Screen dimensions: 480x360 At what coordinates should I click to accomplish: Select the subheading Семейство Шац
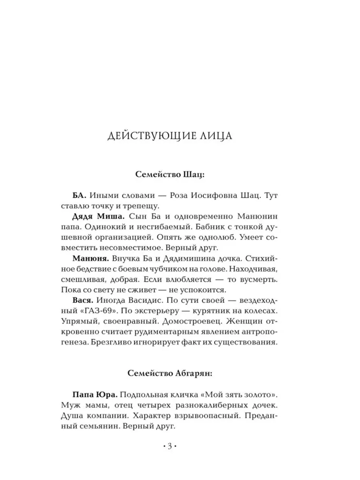pos(170,174)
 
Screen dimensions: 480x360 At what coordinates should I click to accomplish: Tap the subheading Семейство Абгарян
pos(170,373)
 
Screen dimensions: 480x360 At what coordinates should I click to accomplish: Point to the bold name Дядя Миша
pos(93,216)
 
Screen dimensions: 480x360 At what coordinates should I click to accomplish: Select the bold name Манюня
pos(90,258)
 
